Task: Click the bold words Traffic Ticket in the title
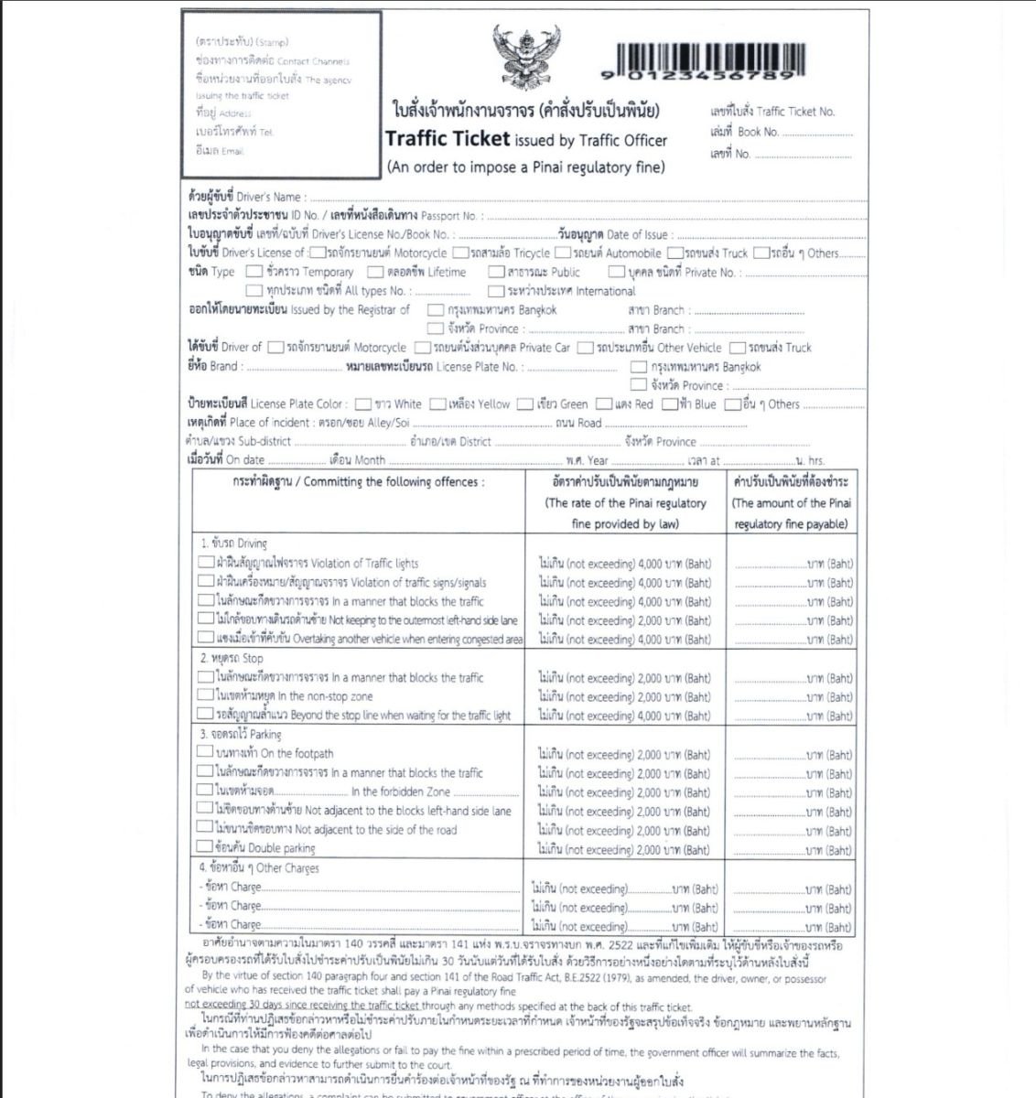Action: (448, 139)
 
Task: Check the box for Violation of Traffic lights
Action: (206, 562)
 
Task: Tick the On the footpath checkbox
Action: (205, 752)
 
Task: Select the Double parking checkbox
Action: (205, 847)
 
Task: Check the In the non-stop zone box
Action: (205, 695)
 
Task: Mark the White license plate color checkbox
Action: (363, 404)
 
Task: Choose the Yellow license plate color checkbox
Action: (438, 404)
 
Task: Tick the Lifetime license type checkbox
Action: (375, 272)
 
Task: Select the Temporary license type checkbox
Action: (253, 272)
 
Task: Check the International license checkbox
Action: (495, 291)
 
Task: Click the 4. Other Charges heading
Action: (259, 867)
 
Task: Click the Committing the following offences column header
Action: (358, 482)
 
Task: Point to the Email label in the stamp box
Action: (221, 151)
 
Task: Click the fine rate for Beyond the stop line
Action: (624, 716)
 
